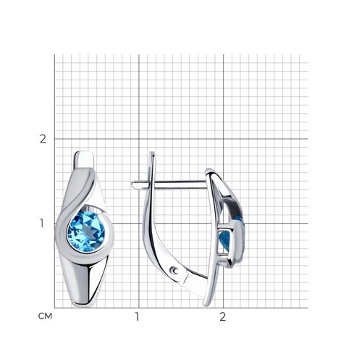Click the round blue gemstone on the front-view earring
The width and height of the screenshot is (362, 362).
86,232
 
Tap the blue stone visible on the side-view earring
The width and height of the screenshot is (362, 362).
224,239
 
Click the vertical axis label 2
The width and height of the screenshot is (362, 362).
43,139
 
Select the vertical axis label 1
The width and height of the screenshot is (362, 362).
42,224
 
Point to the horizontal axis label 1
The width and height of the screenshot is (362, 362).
137,316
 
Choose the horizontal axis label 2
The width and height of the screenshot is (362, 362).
222,316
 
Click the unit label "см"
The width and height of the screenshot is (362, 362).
45,316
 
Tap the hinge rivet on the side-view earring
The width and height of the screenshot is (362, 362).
174,271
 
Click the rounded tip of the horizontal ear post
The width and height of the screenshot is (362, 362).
132,185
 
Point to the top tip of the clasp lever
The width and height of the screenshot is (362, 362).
152,153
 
